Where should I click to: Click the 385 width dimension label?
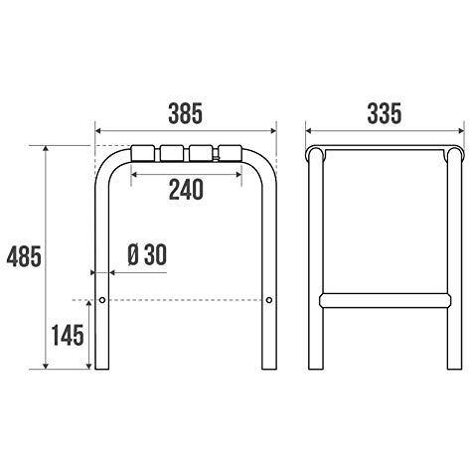point(185,113)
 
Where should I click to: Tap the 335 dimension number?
point(385,113)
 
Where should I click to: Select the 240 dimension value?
point(186,190)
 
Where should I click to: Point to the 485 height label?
point(24,256)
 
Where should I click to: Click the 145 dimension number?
point(68,335)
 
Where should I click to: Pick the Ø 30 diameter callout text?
point(147,255)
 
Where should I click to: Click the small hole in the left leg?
point(102,300)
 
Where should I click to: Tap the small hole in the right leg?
point(269,300)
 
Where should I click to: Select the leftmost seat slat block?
point(143,153)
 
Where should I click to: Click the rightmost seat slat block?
point(231,153)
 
